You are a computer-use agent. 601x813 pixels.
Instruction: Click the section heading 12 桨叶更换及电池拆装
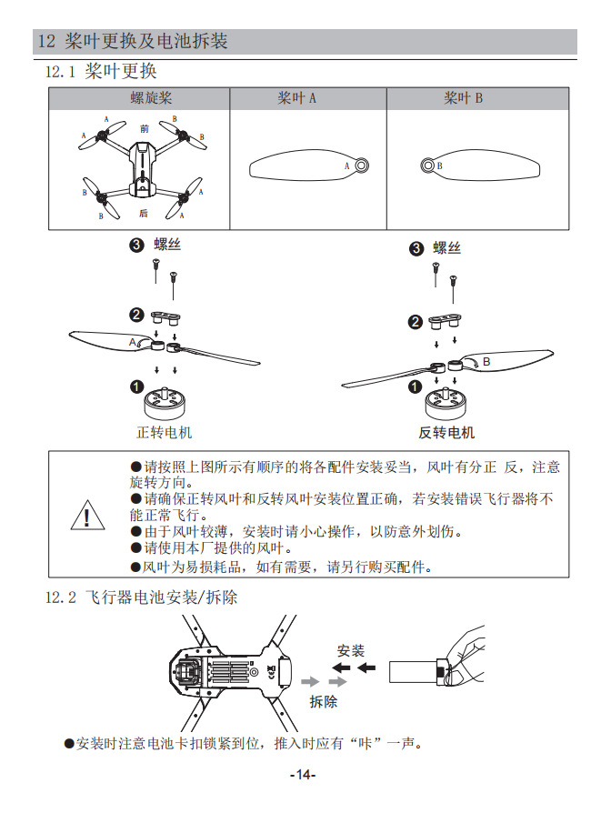tap(133, 42)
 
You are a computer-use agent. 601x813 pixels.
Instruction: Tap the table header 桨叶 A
tap(296, 98)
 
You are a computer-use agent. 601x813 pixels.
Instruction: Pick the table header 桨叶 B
tap(463, 98)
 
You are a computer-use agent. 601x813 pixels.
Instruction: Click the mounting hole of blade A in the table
tap(361, 166)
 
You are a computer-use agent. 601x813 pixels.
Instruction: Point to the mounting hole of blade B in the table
tap(427, 166)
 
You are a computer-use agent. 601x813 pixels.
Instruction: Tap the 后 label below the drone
tap(144, 213)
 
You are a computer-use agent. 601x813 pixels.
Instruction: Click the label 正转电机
tap(164, 432)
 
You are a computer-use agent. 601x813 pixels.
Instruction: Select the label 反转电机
tap(446, 432)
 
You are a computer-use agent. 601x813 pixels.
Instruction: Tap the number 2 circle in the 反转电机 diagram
tap(416, 322)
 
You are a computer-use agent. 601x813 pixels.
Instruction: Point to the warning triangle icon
tap(86, 517)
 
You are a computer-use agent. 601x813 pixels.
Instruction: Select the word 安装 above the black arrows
tap(350, 650)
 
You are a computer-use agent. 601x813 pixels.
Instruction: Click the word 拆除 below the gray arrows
tap(323, 701)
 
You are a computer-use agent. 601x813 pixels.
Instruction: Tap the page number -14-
tap(301, 775)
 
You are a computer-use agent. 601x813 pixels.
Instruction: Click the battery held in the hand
tap(414, 672)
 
